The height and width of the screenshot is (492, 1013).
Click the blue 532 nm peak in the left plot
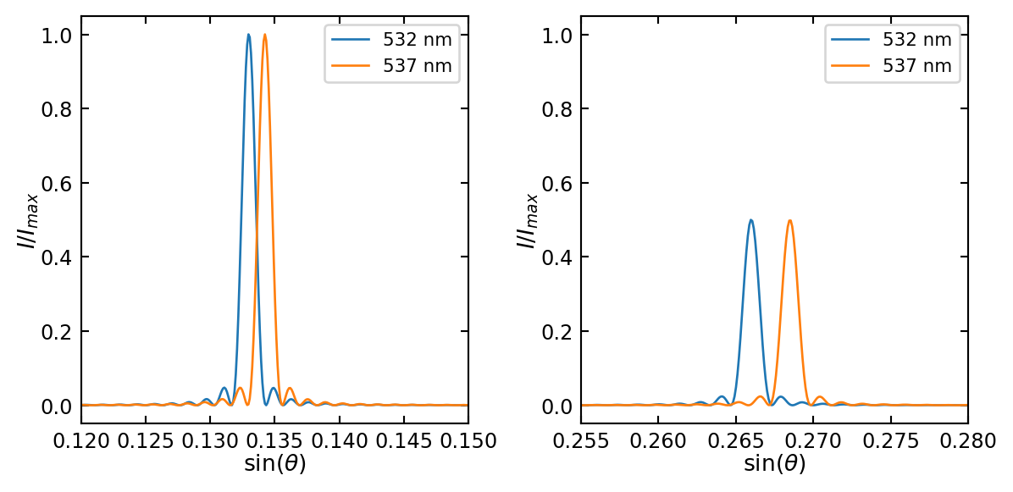pyautogui.click(x=248, y=36)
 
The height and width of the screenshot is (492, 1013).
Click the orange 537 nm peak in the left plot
pyautogui.click(x=265, y=36)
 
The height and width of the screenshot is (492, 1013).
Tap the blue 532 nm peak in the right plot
pyautogui.click(x=750, y=220)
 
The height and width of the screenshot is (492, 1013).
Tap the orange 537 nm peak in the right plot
pyautogui.click(x=789, y=221)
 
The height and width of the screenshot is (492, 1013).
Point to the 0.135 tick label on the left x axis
pyautogui.click(x=274, y=441)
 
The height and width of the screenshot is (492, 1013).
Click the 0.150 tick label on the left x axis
pyautogui.click(x=468, y=441)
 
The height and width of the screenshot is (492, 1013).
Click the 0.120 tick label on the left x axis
pyautogui.click(x=81, y=441)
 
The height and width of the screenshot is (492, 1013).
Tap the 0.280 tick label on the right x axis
pyautogui.click(x=967, y=441)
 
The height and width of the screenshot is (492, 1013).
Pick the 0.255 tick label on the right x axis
pyautogui.click(x=581, y=441)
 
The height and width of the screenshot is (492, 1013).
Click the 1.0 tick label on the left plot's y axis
pyautogui.click(x=54, y=36)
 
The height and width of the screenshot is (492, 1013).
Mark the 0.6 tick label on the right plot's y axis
pyautogui.click(x=554, y=184)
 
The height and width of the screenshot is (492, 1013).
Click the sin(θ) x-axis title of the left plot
pyautogui.click(x=274, y=464)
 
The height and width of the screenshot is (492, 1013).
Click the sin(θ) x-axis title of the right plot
pyautogui.click(x=774, y=464)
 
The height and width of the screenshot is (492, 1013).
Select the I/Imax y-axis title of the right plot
pyautogui.click(x=527, y=220)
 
